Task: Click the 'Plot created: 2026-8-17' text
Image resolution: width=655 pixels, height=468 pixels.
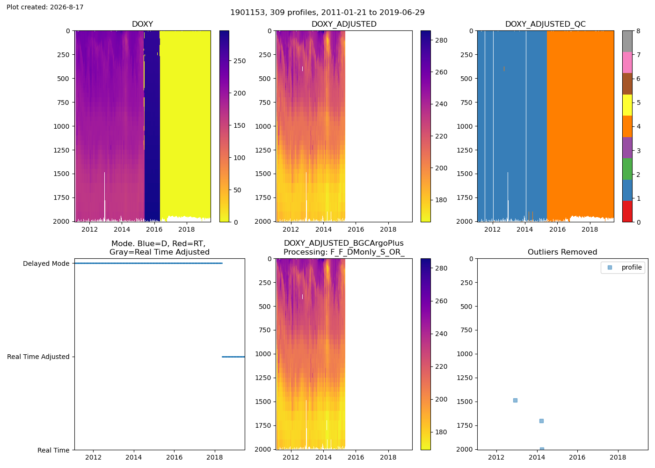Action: tap(45, 7)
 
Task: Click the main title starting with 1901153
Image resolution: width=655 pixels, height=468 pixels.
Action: tap(327, 13)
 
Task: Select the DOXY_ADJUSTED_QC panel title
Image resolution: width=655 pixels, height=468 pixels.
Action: tap(546, 24)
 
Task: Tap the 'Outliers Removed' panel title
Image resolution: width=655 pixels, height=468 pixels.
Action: tap(562, 252)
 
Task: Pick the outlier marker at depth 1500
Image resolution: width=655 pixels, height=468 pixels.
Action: tap(515, 401)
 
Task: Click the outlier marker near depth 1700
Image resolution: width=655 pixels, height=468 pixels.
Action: tap(541, 421)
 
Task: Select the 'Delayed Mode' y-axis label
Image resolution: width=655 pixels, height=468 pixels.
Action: tap(46, 263)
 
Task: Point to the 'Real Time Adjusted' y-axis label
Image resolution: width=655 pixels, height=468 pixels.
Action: tap(38, 357)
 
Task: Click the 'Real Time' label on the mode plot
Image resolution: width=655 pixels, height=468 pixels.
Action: tap(53, 450)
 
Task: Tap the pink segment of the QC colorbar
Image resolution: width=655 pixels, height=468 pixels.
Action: tap(627, 63)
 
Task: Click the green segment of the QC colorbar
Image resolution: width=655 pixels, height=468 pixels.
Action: tap(627, 169)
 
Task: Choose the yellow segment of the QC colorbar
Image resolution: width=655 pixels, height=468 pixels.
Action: tap(627, 105)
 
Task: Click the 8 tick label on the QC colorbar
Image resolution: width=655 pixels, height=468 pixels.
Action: tap(638, 31)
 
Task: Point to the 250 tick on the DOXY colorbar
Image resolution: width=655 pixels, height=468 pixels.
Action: tap(240, 61)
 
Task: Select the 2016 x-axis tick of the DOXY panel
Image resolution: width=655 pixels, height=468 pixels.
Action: tap(154, 229)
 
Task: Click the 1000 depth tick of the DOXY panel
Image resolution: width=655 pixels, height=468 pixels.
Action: tap(62, 126)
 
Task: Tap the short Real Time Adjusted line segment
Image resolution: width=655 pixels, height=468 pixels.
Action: tap(233, 357)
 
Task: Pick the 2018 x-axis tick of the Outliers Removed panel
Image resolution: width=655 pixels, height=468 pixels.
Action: tap(618, 457)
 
